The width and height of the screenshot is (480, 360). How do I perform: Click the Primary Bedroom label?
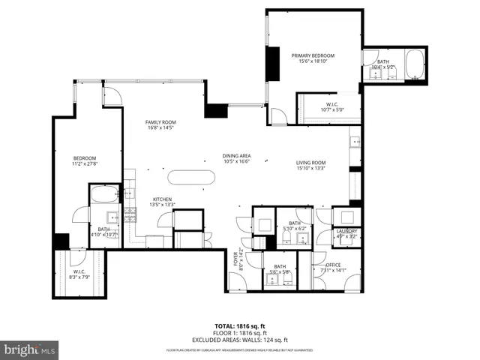point(313,56)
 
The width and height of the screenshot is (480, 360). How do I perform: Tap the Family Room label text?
point(160,122)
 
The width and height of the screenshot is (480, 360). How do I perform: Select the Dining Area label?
point(235,155)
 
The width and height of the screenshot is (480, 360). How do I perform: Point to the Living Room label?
point(310,162)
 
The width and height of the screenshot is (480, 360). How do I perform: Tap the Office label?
point(333,265)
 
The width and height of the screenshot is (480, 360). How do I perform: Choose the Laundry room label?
point(346,231)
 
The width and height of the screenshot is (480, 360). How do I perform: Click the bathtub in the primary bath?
point(415,66)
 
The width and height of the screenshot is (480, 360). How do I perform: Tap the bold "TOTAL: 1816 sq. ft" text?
point(240,326)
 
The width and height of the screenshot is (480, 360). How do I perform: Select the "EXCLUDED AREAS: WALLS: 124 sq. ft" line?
point(240,339)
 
